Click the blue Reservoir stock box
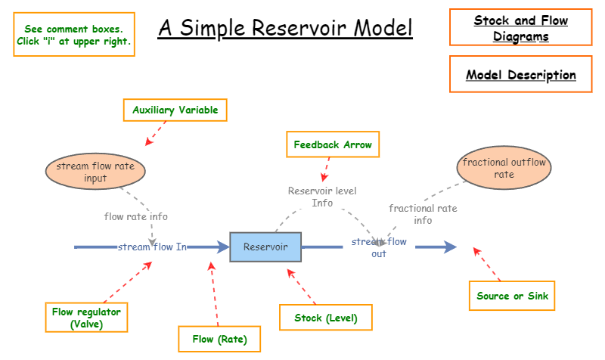pos(265,247)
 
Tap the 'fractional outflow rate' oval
pos(504,168)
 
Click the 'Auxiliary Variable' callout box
pos(175,110)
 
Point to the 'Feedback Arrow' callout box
pos(333,144)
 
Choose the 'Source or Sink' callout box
pos(512,296)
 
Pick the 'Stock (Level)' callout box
pos(326,318)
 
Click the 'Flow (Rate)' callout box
pos(219,339)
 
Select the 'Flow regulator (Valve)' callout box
pos(85,318)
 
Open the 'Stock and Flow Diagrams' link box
pos(521,28)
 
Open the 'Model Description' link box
pos(521,75)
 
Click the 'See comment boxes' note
pos(73,35)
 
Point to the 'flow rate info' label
pos(136,217)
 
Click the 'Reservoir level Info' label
pos(322,197)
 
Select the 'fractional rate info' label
pos(423,214)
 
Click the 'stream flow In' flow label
pos(152,247)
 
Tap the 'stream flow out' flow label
pos(379,247)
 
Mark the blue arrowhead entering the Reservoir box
pos(222,247)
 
